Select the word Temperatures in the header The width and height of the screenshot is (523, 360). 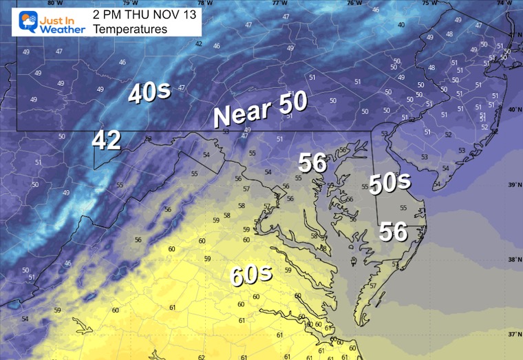click(129, 29)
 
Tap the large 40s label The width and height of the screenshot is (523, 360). click(149, 94)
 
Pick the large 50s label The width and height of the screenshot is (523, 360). click(389, 182)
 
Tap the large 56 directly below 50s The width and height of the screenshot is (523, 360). click(394, 231)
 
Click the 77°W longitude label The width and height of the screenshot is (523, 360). click(279, 3)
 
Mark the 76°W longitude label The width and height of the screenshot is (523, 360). click(354, 3)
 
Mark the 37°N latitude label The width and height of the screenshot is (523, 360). click(513, 335)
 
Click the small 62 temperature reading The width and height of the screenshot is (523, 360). click(201, 357)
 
